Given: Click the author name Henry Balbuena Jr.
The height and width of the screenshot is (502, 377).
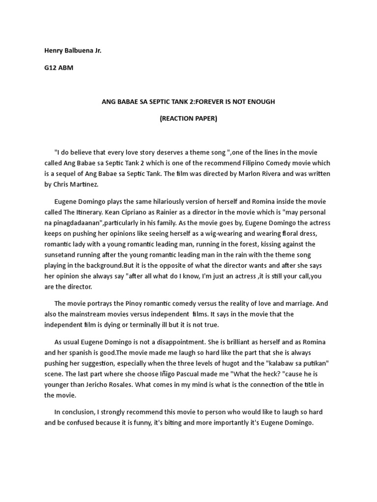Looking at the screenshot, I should (x=73, y=50).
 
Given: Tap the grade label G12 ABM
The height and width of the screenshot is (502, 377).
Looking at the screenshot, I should (x=58, y=68).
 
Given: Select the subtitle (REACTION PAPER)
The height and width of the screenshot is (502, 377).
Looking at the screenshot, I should (x=188, y=119).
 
